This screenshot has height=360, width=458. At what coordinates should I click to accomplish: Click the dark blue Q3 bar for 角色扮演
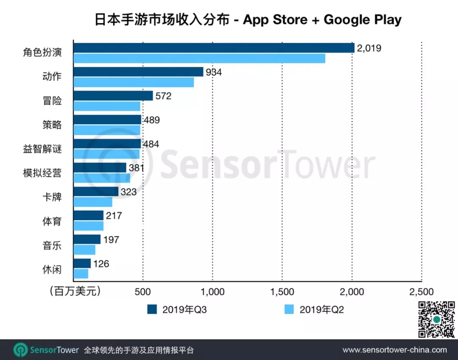(214, 48)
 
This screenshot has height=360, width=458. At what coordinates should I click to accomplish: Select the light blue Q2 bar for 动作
(134, 82)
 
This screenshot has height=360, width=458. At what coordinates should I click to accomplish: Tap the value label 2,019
(369, 48)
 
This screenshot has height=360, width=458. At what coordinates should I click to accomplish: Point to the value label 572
(163, 96)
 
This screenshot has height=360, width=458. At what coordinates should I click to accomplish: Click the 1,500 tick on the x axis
(282, 292)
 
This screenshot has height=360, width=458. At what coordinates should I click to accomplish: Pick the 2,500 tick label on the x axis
(422, 292)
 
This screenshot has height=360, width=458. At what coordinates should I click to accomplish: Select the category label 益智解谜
(42, 149)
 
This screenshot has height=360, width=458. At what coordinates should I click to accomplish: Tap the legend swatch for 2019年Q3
(152, 309)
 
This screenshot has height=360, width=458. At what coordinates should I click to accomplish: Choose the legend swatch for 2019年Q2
(290, 309)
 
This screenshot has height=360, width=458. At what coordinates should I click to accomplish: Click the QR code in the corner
(437, 319)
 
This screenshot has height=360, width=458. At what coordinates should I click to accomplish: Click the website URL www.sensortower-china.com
(394, 350)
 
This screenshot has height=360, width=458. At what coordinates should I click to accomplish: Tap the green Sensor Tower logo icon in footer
(20, 350)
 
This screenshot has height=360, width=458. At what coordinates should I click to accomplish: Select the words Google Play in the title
(362, 20)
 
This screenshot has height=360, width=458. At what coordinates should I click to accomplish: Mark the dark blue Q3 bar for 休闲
(82, 263)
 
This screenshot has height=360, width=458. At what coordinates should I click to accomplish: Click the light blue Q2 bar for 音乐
(84, 250)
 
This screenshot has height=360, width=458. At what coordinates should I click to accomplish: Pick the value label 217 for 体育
(114, 216)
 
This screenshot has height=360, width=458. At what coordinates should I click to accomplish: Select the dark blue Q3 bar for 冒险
(113, 96)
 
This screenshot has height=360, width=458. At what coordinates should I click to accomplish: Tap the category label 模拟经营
(42, 173)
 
